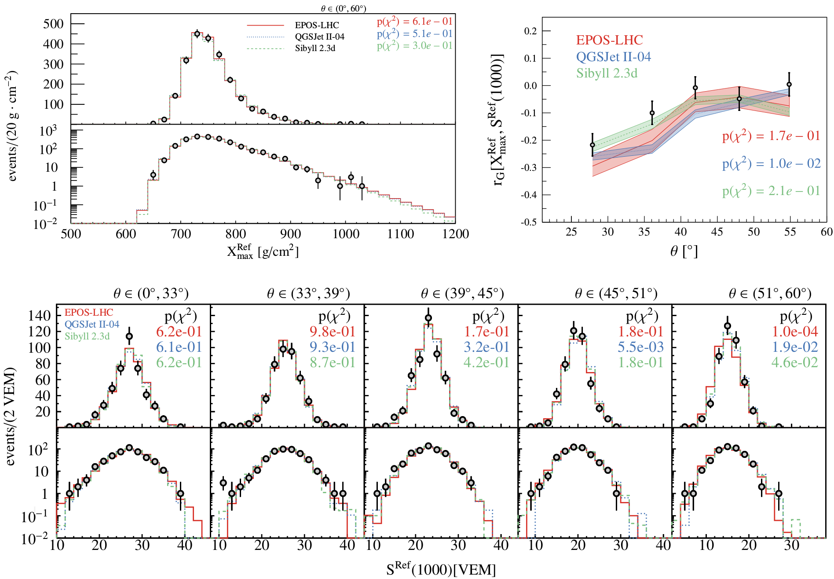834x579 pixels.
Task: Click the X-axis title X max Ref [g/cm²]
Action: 263,252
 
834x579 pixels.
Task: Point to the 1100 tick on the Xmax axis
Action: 400,234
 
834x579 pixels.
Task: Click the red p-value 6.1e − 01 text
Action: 414,22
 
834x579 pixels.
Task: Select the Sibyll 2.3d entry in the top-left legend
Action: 315,48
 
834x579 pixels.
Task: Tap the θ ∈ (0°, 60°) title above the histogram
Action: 344,8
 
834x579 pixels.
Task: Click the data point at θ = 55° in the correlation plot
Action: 789,85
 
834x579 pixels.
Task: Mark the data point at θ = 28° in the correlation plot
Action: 593,145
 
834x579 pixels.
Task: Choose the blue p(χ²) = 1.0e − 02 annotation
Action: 771,163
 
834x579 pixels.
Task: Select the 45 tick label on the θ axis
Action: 717,232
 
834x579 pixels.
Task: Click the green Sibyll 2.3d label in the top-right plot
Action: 607,73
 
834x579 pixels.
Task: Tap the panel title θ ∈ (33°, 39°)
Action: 308,293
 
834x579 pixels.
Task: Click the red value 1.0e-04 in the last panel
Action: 795,332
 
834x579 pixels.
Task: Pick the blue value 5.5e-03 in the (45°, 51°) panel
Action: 640,347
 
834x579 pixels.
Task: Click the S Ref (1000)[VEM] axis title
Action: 441,569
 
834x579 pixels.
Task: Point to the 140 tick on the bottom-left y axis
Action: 40,315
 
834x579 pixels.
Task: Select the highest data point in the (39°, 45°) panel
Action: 428,318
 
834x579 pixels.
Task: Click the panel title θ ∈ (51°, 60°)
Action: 770,293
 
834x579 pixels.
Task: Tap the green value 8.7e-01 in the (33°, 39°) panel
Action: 333,362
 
